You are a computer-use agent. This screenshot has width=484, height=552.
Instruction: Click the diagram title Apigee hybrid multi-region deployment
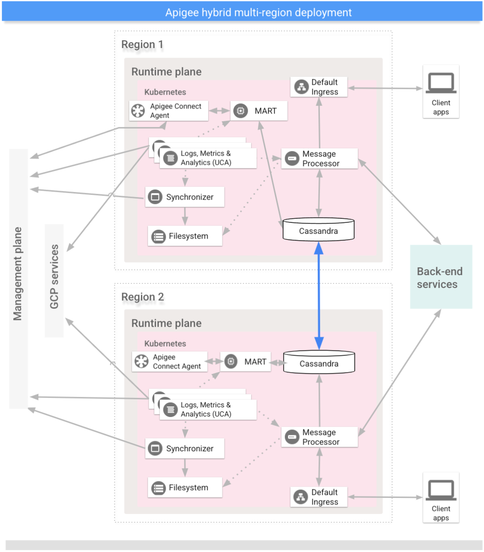(258, 12)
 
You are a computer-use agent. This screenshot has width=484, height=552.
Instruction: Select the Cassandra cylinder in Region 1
(318, 230)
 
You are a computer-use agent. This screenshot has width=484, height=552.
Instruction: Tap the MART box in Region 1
(259, 111)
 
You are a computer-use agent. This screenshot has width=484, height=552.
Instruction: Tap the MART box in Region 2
(246, 362)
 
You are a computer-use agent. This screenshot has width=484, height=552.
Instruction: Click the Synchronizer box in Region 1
(185, 197)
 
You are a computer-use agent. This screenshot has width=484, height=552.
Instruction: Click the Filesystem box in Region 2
(185, 488)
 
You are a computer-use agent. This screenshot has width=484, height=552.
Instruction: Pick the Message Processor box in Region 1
(319, 159)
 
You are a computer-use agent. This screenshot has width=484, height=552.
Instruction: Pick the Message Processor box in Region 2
(319, 437)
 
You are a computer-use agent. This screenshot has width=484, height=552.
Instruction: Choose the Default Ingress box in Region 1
(319, 87)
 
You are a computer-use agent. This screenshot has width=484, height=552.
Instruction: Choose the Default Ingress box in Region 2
(319, 497)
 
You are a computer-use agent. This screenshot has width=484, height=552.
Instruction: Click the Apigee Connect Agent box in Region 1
(168, 111)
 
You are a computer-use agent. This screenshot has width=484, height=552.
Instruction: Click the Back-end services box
(441, 277)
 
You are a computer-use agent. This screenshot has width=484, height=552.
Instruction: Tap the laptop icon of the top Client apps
(441, 83)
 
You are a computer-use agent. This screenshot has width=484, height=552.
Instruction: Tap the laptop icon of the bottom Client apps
(441, 490)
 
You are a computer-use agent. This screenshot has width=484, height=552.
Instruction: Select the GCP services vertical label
(54, 276)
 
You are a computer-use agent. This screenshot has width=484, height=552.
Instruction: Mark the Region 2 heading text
(142, 297)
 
